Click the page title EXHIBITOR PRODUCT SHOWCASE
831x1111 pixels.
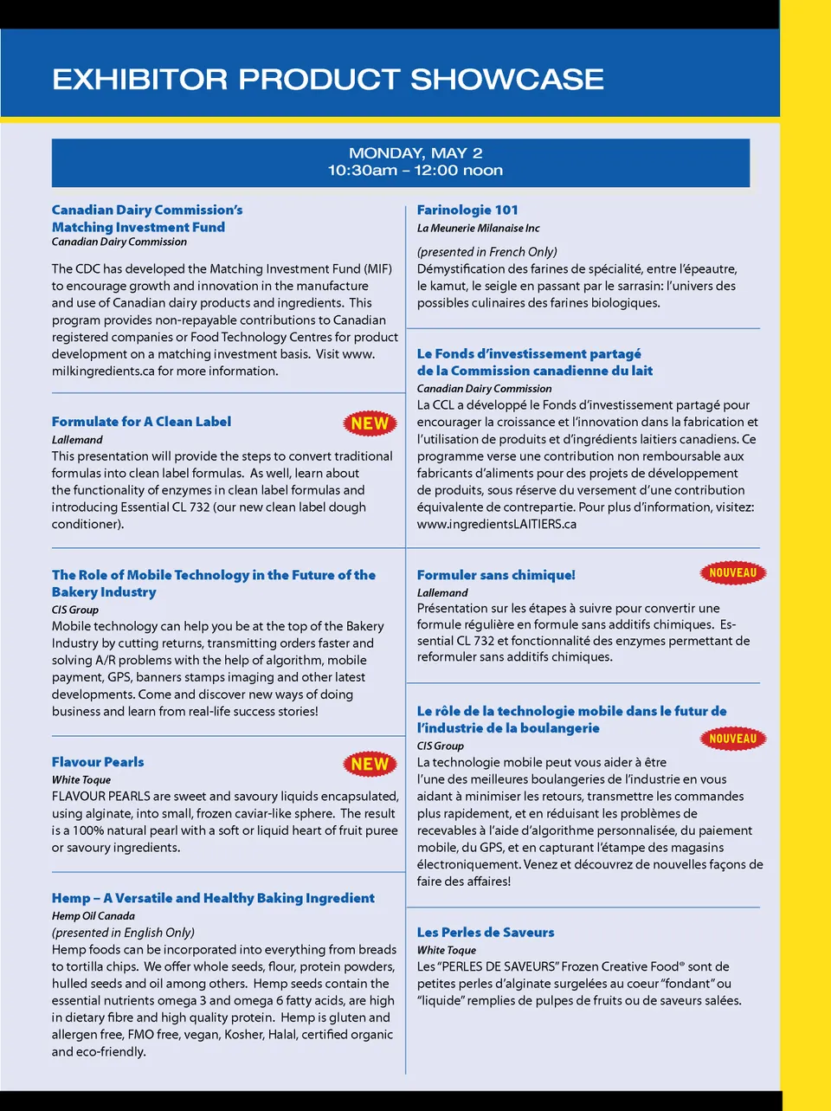pos(327,79)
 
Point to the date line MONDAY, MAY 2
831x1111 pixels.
pos(415,153)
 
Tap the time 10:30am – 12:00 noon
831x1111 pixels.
pos(415,171)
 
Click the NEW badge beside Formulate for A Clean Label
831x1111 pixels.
pos(370,423)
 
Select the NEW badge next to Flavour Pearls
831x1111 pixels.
pos(370,764)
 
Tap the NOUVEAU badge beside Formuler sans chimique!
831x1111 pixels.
pos(732,572)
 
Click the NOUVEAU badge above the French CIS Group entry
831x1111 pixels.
pos(732,739)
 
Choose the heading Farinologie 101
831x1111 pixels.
pos(467,210)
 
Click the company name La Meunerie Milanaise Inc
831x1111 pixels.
pos(478,229)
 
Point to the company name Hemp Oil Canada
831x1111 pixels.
pos(93,916)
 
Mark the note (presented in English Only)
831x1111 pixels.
pos(123,933)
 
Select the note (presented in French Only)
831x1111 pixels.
pos(486,252)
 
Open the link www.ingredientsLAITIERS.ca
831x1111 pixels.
pos(496,524)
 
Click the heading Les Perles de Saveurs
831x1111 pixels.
pos(486,933)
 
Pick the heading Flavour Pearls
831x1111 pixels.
pos(98,762)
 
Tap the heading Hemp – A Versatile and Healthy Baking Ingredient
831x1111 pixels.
pos(213,898)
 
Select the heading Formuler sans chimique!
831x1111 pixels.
pos(496,575)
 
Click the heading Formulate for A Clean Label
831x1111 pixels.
pos(141,422)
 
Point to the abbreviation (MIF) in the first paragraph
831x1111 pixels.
pos(377,269)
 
